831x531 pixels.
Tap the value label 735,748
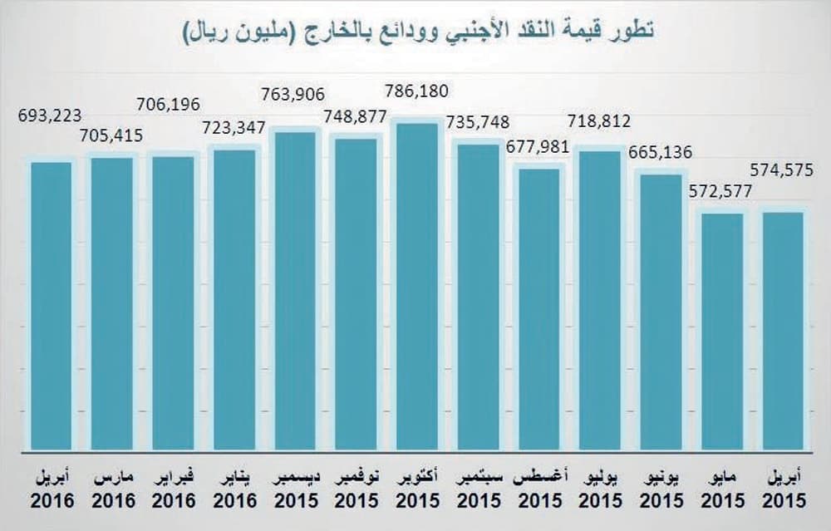478,122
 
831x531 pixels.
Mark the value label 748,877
356,116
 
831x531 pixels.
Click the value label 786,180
418,90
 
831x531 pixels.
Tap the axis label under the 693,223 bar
52,490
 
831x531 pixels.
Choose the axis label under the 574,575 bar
784,490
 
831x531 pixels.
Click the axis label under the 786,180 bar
417,490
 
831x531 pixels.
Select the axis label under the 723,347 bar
234,490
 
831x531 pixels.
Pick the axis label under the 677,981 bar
540,490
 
